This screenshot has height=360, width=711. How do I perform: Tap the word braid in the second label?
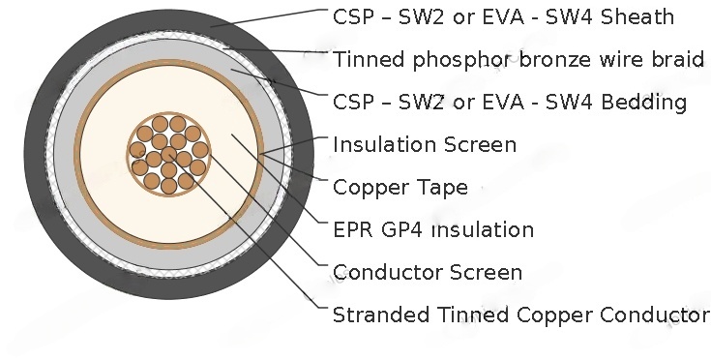pos(680,60)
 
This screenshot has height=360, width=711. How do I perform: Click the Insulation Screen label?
pos(424,145)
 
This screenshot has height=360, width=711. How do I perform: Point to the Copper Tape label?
pos(400,187)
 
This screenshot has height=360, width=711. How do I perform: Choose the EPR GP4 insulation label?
pos(432,229)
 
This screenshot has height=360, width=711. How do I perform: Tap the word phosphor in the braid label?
pos(450,60)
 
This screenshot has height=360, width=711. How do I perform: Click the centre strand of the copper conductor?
pos(169,155)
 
